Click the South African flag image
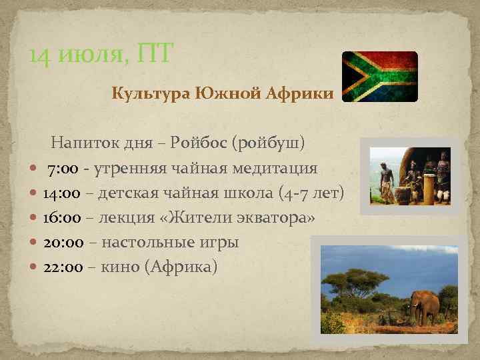coord(379,77)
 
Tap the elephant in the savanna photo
coord(426,306)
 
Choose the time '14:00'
coord(62,193)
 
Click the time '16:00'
coord(62,218)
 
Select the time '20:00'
coord(62,243)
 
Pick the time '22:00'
coord(62,267)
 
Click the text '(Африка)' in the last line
coord(185,267)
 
